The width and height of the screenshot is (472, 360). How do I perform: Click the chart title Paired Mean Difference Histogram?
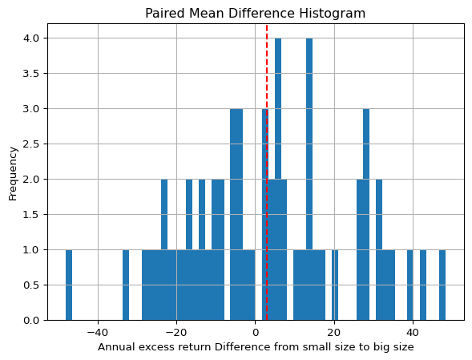[x=256, y=14]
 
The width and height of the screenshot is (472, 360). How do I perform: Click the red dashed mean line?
[x=267, y=172]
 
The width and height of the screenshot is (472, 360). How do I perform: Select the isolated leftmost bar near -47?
[x=69, y=285]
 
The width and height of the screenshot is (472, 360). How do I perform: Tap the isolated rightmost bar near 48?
[x=442, y=285]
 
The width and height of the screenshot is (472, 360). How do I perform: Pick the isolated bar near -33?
[x=126, y=285]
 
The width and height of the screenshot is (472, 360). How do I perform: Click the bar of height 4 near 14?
[x=309, y=179]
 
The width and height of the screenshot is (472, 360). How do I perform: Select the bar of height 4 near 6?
[x=278, y=179]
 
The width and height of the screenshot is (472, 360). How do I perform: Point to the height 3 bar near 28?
[x=366, y=214]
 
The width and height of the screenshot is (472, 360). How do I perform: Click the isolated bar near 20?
[x=335, y=285]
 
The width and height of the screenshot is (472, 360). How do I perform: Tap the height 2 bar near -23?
[x=164, y=249]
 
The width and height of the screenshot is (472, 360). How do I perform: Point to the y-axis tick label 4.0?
[x=31, y=38]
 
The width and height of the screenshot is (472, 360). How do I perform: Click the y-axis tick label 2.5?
[x=31, y=144]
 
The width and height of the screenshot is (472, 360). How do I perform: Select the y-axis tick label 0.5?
[x=31, y=285]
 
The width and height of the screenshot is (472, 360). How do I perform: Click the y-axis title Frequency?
[x=13, y=173]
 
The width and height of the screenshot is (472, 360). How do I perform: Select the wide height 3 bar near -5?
[x=236, y=214]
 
